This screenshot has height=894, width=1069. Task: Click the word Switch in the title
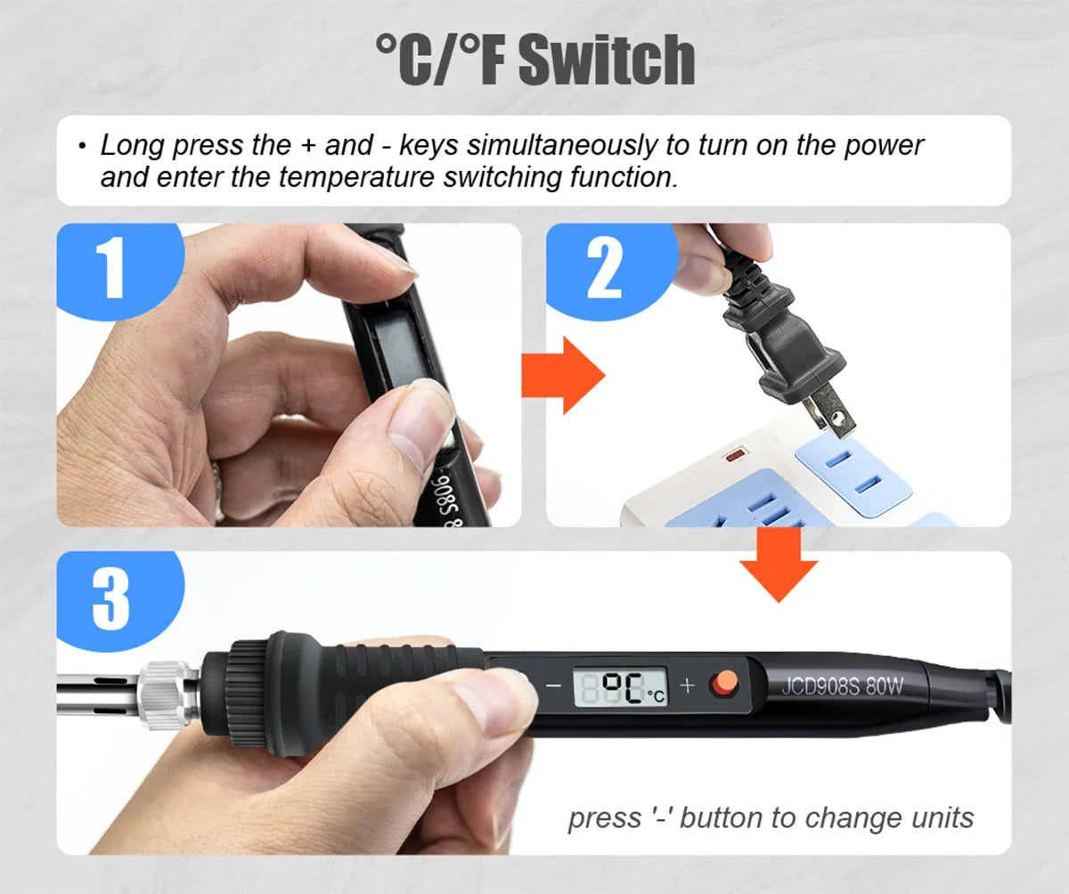[x=606, y=61]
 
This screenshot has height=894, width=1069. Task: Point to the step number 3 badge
[x=110, y=598]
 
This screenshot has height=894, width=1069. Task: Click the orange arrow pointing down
[x=779, y=565]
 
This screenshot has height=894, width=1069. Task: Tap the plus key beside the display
[x=687, y=685]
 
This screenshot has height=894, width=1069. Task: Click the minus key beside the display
[x=553, y=686]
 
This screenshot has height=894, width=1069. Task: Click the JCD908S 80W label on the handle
[x=842, y=687]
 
